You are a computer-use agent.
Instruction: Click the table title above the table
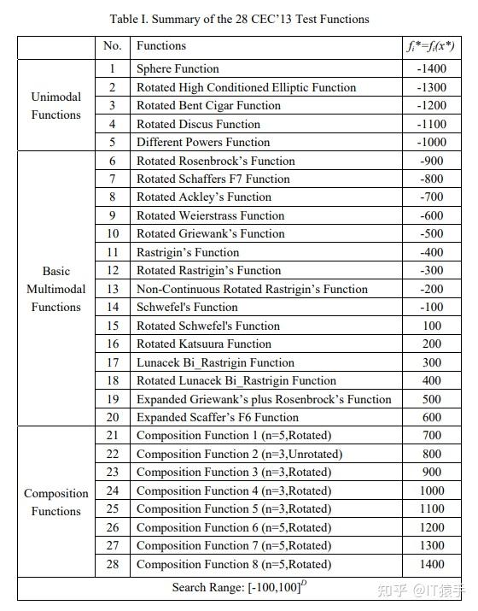coord(240,18)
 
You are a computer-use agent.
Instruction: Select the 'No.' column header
coord(112,46)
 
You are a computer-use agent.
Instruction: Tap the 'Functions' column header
coord(160,46)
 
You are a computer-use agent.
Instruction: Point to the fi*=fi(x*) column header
coord(431,46)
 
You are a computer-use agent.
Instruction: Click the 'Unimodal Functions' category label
coord(56,105)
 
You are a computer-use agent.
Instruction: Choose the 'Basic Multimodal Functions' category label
coord(56,289)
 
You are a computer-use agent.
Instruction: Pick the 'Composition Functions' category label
coord(56,502)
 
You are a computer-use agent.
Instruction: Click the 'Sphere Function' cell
coord(178,68)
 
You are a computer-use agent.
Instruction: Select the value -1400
coord(432,68)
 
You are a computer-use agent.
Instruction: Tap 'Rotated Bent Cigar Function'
coord(208,105)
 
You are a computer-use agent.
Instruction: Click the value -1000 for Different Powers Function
coord(432,142)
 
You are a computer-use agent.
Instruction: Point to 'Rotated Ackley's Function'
coord(204,197)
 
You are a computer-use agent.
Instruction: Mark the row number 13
coord(112,289)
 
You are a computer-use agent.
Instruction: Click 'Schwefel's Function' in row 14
coord(187,307)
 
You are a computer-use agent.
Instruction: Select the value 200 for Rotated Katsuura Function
coord(432,344)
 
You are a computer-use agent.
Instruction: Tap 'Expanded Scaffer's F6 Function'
coord(218,417)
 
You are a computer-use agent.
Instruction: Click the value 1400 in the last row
coord(432,564)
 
